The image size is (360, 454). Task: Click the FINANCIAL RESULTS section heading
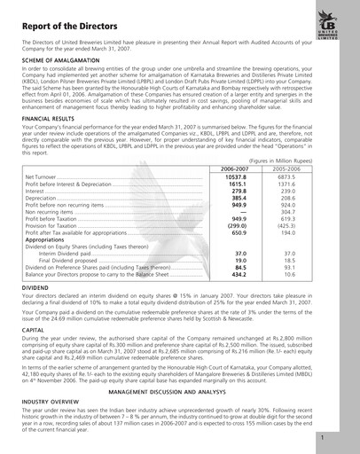click(x=49, y=118)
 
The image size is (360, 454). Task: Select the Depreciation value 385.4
click(x=238, y=198)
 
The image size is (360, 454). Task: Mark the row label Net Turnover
click(x=44, y=177)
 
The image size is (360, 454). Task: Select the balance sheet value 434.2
click(x=238, y=274)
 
